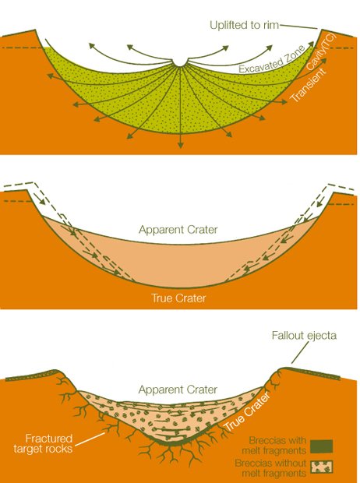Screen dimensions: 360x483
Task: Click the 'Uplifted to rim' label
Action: click(x=244, y=25)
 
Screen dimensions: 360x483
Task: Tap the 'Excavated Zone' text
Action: click(x=272, y=59)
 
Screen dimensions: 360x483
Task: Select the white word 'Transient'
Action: click(x=309, y=85)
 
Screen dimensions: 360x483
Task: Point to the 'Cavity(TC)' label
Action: click(x=322, y=51)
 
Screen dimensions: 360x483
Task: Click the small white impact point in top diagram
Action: click(x=180, y=62)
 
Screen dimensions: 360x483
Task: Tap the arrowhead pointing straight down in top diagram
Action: click(x=180, y=145)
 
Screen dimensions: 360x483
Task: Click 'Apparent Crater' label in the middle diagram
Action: click(x=178, y=230)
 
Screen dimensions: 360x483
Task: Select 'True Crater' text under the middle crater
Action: click(x=178, y=298)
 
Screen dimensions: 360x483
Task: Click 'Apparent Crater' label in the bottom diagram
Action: click(x=178, y=390)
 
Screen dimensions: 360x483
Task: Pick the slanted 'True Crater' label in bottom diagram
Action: click(x=247, y=412)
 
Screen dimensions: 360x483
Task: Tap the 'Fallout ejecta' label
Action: click(x=304, y=336)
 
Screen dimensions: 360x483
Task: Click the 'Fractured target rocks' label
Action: click(x=43, y=443)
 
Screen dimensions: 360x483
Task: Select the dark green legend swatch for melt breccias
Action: click(x=322, y=446)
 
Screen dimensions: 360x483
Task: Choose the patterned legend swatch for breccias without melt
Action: click(x=322, y=467)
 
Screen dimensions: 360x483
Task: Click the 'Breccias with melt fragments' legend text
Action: click(x=274, y=446)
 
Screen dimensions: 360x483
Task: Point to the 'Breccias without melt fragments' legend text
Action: click(x=270, y=468)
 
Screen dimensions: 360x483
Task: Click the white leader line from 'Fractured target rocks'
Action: click(x=90, y=439)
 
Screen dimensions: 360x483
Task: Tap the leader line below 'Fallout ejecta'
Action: click(x=300, y=352)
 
